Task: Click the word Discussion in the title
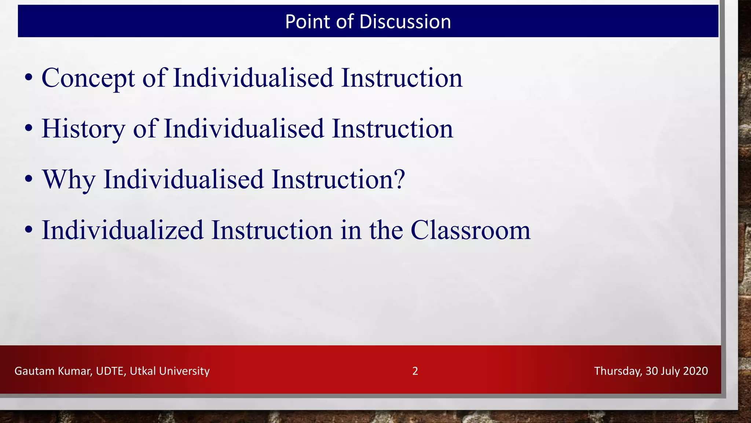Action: click(405, 22)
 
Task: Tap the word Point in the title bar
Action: click(307, 22)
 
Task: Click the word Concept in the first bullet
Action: click(88, 78)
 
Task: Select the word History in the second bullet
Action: click(83, 129)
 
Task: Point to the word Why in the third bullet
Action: click(69, 180)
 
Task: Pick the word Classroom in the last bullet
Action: click(470, 230)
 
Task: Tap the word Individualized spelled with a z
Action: click(122, 230)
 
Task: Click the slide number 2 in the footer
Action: click(415, 371)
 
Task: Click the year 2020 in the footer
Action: click(695, 371)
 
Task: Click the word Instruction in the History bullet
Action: click(392, 129)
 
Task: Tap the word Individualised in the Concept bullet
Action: click(253, 78)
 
